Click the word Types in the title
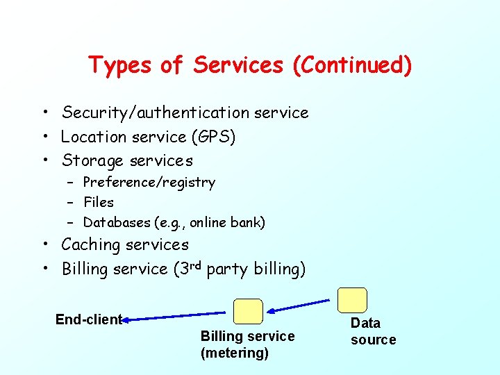tap(121, 66)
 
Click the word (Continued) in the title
tap(352, 66)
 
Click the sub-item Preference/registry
tap(149, 183)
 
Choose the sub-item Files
tap(99, 202)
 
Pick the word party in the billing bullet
tap(227, 269)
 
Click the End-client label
tap(89, 319)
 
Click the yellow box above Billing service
tap(248, 312)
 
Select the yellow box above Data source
tap(352, 300)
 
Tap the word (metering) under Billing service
tap(235, 353)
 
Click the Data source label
tap(373, 331)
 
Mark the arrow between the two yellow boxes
tap(300, 306)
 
